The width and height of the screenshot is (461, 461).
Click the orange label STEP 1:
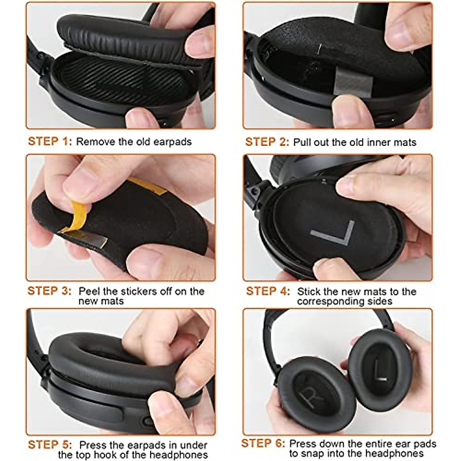coord(50,141)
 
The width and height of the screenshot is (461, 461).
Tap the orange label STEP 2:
coord(267,142)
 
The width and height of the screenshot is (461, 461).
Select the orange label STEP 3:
coord(50,291)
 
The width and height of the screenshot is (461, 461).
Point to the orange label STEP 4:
coord(268,291)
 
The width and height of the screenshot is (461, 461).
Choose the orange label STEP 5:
coord(50,445)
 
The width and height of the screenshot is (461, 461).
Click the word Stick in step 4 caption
coord(308,291)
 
